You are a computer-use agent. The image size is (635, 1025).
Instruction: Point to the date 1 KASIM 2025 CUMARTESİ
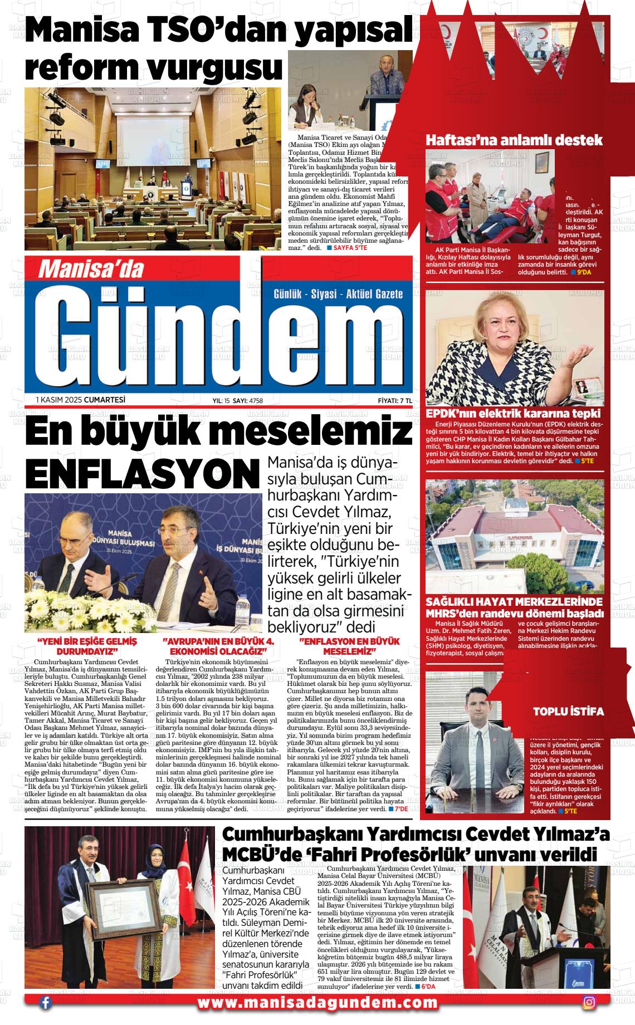(80, 400)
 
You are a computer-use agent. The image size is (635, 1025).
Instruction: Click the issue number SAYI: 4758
(247, 400)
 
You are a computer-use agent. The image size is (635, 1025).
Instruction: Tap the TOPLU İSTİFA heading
(568, 712)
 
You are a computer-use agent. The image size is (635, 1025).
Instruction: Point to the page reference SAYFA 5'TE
(350, 247)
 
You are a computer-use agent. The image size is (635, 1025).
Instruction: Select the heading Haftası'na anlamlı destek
(514, 140)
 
